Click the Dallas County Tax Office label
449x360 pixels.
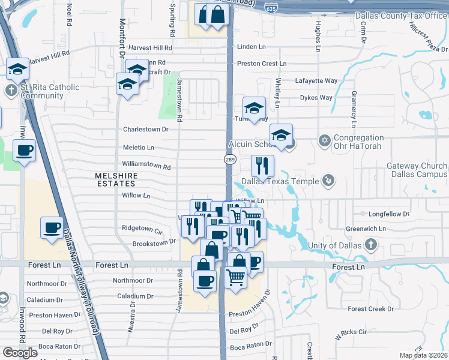[x=401, y=16]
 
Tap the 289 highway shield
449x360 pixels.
[x=230, y=160]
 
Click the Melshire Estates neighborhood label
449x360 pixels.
[x=117, y=175]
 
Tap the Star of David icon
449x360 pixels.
[x=325, y=140]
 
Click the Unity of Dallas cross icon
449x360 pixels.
[x=371, y=244]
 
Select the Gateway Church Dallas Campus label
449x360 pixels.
[x=417, y=170]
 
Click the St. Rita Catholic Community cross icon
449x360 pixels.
[x=10, y=91]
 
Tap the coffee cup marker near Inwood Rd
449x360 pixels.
[x=24, y=150]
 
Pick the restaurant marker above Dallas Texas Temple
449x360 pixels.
[x=262, y=165]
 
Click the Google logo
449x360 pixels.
[x=20, y=353]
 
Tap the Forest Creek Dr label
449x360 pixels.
[x=372, y=309]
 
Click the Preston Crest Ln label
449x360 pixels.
[x=262, y=64]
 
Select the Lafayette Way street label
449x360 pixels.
[x=316, y=80]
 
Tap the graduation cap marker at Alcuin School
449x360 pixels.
[x=281, y=135]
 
